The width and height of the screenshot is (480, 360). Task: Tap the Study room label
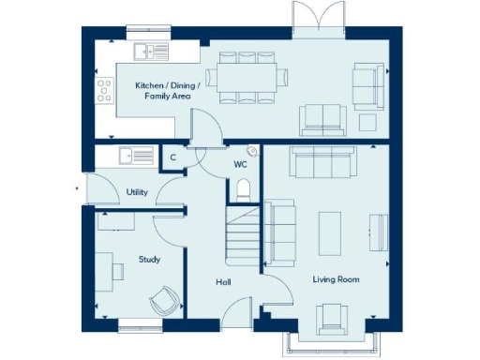tap(148, 259)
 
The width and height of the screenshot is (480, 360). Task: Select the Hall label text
tap(223, 282)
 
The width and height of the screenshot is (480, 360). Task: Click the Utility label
tap(137, 192)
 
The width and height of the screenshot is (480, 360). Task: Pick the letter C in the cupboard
tap(172, 158)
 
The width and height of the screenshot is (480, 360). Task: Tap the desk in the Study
tap(118, 269)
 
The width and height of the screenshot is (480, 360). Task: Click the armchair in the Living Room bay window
tap(332, 319)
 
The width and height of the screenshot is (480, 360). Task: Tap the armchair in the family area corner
tap(367, 81)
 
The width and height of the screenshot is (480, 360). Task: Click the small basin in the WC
tap(252, 150)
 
